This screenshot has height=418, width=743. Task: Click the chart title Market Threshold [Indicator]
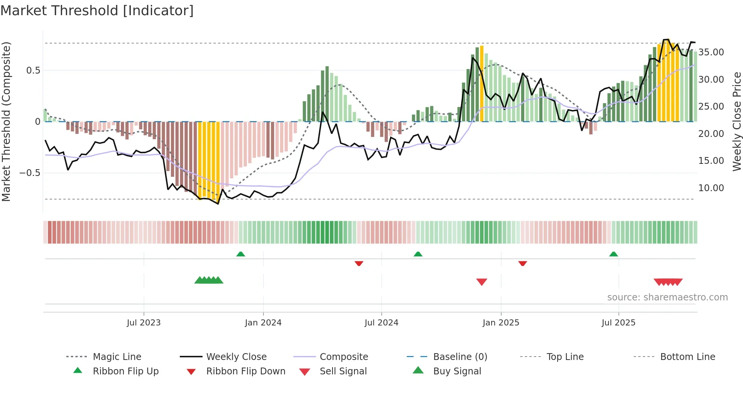point(97,11)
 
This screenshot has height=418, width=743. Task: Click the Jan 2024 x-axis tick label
point(263,323)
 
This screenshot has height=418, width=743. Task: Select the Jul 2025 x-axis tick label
point(618,323)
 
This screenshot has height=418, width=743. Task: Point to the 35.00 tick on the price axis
point(711,52)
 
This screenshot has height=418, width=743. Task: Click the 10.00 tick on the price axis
point(711,188)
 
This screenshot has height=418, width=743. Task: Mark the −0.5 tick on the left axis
point(30,173)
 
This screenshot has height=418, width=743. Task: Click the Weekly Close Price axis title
point(737,121)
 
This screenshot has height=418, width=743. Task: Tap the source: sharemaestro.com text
point(667,297)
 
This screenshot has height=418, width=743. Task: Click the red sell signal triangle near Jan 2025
point(481,282)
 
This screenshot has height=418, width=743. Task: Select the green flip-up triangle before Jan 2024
point(241,254)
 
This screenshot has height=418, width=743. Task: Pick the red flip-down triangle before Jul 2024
point(359,263)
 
